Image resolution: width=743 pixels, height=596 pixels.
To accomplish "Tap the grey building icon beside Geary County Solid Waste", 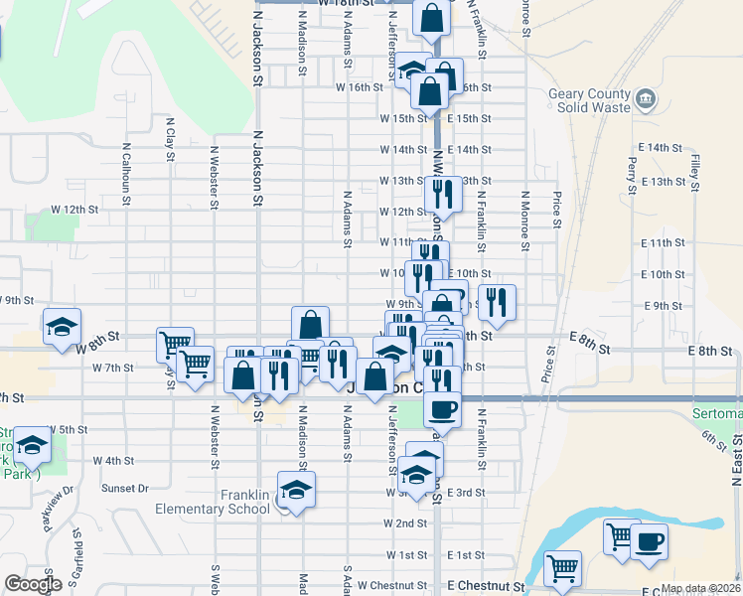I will tap(647, 98).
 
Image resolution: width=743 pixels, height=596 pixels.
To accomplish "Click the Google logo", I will tap(32, 584).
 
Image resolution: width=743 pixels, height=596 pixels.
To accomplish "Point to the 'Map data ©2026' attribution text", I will tap(700, 588).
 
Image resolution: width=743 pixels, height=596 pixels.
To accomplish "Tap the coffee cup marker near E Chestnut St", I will tap(649, 542).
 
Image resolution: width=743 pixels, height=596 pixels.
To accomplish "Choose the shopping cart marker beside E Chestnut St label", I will tap(562, 569).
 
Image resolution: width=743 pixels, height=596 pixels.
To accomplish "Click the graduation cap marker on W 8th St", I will tap(62, 326).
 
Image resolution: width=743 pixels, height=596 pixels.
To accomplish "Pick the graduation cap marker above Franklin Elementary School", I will tap(296, 490).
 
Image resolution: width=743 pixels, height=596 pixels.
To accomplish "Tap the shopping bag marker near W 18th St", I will tap(433, 17).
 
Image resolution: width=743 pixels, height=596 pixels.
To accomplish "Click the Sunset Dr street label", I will tap(125, 489).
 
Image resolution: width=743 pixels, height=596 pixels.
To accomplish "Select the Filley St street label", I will tap(696, 168).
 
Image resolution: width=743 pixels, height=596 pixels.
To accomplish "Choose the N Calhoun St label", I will tap(126, 174).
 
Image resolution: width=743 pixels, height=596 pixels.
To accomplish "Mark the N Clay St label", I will tap(170, 141).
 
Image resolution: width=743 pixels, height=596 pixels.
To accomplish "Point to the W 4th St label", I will tap(113, 461).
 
